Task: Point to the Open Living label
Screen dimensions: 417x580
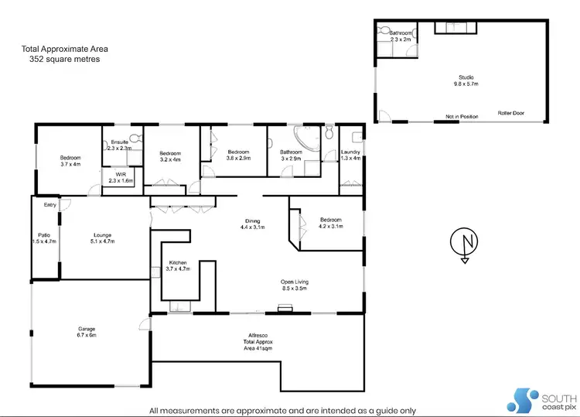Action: pyautogui.click(x=295, y=285)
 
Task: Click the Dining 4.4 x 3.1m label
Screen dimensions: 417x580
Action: pyautogui.click(x=253, y=224)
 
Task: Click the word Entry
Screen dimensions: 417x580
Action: pyautogui.click(x=50, y=205)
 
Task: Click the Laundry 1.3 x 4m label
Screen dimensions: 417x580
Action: pyautogui.click(x=350, y=156)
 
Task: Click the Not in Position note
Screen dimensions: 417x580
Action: pyautogui.click(x=461, y=117)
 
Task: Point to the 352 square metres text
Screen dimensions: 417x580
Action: pyautogui.click(x=61, y=59)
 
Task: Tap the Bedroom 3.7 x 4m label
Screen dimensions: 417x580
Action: pyautogui.click(x=70, y=161)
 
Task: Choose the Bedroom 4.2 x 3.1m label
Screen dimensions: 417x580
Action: pyautogui.click(x=329, y=224)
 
